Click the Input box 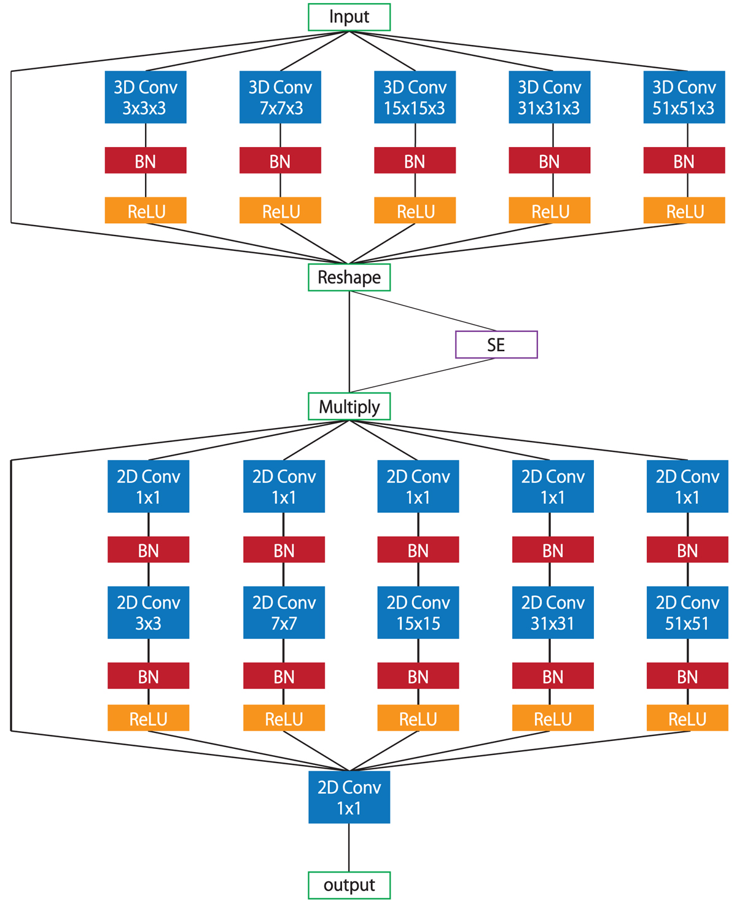click(x=349, y=17)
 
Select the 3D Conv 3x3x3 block click(x=146, y=97)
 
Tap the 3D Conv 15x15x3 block click(x=415, y=97)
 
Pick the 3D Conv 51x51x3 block click(x=684, y=97)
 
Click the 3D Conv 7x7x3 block click(x=280, y=97)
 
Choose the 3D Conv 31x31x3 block click(x=550, y=97)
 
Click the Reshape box click(x=349, y=277)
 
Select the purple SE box click(x=496, y=344)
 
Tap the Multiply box click(x=349, y=406)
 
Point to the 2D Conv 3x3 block click(x=149, y=612)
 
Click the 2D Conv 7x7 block click(x=284, y=612)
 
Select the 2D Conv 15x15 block click(x=418, y=612)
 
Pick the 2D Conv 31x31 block click(x=553, y=612)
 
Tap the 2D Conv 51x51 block click(x=687, y=612)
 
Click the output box click(x=349, y=885)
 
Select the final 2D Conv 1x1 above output click(x=349, y=797)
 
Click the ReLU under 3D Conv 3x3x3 click(x=146, y=210)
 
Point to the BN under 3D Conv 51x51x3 click(x=684, y=160)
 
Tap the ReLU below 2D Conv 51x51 click(x=687, y=718)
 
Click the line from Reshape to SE click(x=424, y=311)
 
